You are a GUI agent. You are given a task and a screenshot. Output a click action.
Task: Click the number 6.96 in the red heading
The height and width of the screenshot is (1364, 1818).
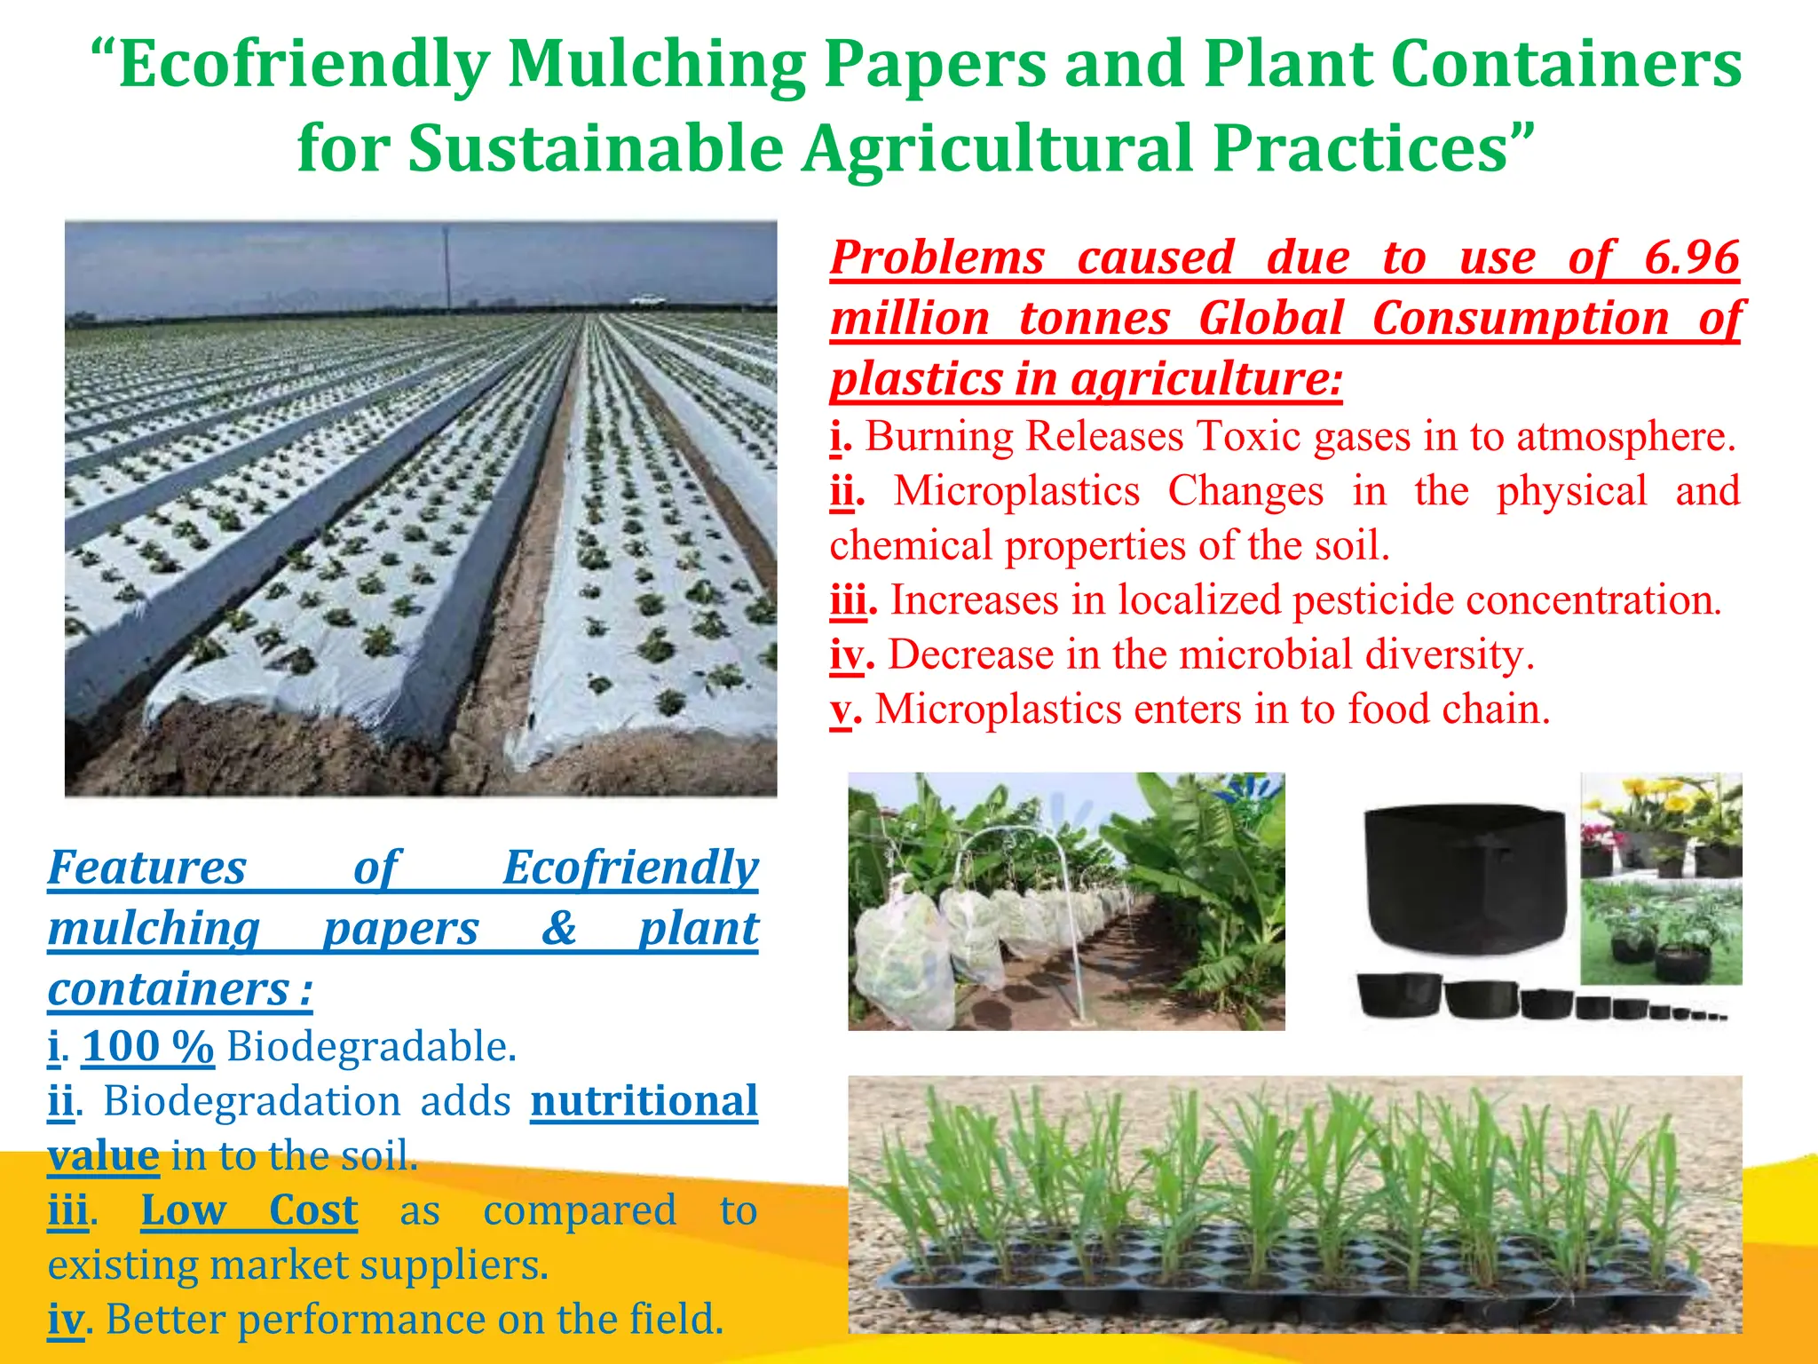coord(1691,258)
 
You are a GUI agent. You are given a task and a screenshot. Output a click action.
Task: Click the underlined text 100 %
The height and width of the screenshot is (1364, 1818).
coord(148,1046)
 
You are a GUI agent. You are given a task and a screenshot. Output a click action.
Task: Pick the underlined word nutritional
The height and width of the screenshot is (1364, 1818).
coord(644,1101)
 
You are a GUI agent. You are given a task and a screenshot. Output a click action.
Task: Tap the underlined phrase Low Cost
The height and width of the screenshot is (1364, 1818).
coord(249,1210)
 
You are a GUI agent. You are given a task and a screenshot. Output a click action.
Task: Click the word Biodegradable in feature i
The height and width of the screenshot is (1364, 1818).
coord(370,1047)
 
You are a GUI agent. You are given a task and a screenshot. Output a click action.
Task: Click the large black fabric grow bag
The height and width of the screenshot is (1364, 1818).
coord(1465,875)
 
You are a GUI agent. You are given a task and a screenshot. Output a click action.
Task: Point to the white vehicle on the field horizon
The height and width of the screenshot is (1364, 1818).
coord(648,300)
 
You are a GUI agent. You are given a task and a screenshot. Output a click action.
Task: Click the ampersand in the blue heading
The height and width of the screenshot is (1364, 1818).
coord(559,929)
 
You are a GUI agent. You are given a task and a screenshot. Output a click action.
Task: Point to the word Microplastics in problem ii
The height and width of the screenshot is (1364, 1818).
coord(1016,491)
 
